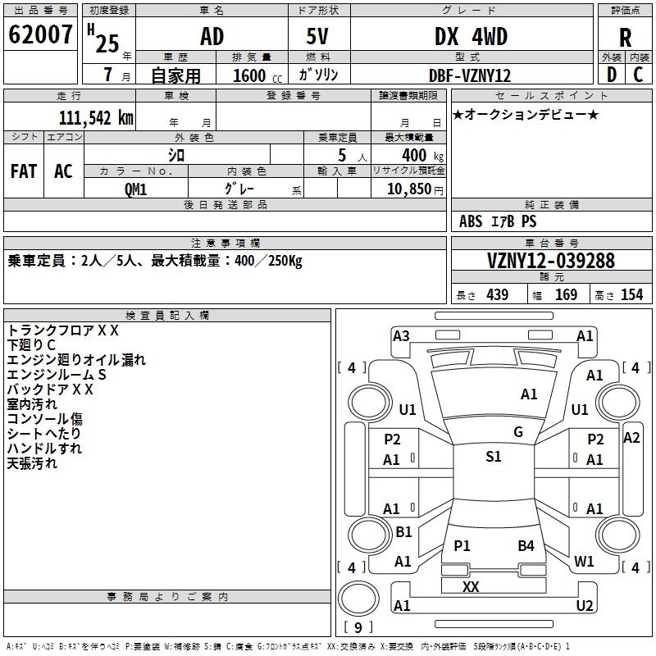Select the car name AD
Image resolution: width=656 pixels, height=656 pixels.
click(212, 37)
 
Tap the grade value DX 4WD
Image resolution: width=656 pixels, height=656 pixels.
click(471, 37)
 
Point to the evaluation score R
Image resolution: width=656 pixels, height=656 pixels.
click(626, 37)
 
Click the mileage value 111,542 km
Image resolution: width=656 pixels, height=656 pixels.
click(96, 118)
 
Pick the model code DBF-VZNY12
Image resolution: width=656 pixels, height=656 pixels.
click(470, 75)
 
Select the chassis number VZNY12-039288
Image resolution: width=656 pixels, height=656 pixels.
click(551, 261)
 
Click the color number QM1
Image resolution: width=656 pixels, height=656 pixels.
click(135, 188)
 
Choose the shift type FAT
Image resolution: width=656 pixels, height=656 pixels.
click(24, 171)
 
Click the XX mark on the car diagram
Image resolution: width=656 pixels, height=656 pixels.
click(471, 586)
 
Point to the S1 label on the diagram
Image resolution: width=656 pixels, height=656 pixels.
click(493, 457)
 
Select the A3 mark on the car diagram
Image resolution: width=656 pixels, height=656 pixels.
click(401, 335)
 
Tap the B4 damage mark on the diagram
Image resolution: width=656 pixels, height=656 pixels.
click(526, 545)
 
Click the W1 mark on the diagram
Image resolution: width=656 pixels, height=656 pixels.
click(584, 562)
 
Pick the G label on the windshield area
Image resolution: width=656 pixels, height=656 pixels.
click(518, 432)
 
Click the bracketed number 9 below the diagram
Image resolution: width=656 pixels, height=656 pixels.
click(358, 627)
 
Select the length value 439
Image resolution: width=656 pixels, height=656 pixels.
click(497, 295)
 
